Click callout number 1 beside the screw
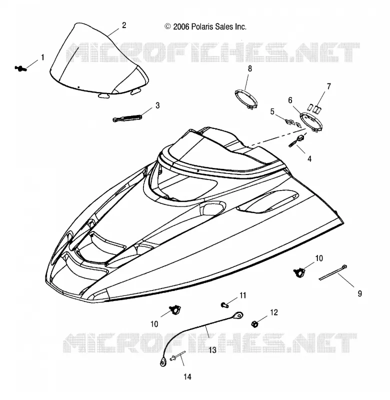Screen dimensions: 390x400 pyautogui.click(x=43, y=57)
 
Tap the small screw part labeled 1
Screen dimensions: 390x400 pyautogui.click(x=20, y=68)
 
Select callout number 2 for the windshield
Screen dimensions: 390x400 pyautogui.click(x=124, y=25)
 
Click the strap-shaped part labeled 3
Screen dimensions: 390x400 pyautogui.click(x=127, y=118)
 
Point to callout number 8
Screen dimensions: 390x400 pyautogui.click(x=249, y=68)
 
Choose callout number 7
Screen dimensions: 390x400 pyautogui.click(x=329, y=86)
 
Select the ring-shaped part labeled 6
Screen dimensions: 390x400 pyautogui.click(x=311, y=122)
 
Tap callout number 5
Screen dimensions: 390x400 pyautogui.click(x=272, y=111)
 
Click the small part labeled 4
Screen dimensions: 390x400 pyautogui.click(x=296, y=141)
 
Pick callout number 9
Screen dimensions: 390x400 pyautogui.click(x=359, y=293)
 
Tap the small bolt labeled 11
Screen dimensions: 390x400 pyautogui.click(x=224, y=304)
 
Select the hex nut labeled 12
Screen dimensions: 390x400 pyautogui.click(x=255, y=324)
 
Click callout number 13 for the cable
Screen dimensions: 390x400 pyautogui.click(x=212, y=350)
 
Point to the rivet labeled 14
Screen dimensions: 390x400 pyautogui.click(x=177, y=356)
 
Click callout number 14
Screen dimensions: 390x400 pyautogui.click(x=187, y=377)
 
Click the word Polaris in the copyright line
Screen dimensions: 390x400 pyautogui.click(x=202, y=27)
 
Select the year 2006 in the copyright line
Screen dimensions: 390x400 pyautogui.click(x=181, y=27)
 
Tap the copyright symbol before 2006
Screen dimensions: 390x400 pyautogui.click(x=167, y=26)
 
